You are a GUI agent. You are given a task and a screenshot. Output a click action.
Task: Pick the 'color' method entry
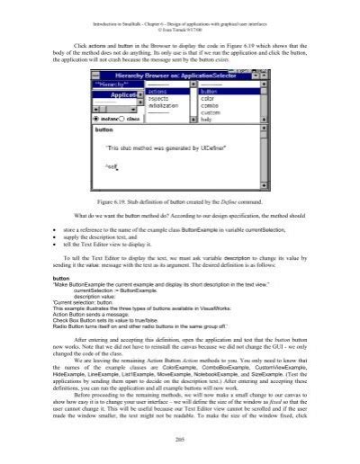pyautogui.click(x=208, y=97)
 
